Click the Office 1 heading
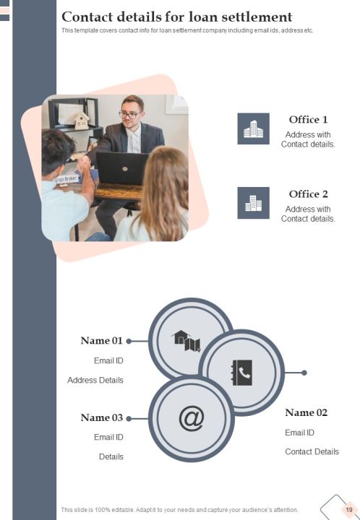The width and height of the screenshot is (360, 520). point(308,119)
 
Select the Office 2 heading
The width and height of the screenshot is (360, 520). point(308,194)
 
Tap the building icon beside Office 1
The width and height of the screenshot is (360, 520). point(253,129)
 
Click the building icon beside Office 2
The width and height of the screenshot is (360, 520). point(253,203)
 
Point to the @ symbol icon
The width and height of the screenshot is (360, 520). point(192,418)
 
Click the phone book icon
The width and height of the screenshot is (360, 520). point(241,373)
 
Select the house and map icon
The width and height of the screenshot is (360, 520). point(186,341)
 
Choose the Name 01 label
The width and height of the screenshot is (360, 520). point(101,341)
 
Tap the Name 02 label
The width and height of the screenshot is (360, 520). point(307,412)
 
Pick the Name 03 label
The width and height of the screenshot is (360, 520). point(101,417)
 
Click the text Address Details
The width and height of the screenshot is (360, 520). point(95,380)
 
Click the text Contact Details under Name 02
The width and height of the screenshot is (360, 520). point(312,451)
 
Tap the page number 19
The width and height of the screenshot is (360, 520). point(348,510)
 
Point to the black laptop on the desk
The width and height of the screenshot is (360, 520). point(121,168)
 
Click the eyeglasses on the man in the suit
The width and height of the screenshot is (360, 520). point(129,115)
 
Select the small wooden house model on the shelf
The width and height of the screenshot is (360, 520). point(82,121)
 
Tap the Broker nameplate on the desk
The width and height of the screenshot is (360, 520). point(67,179)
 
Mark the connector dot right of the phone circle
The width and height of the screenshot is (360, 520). point(304,373)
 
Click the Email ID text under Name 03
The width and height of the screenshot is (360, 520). point(108,437)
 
